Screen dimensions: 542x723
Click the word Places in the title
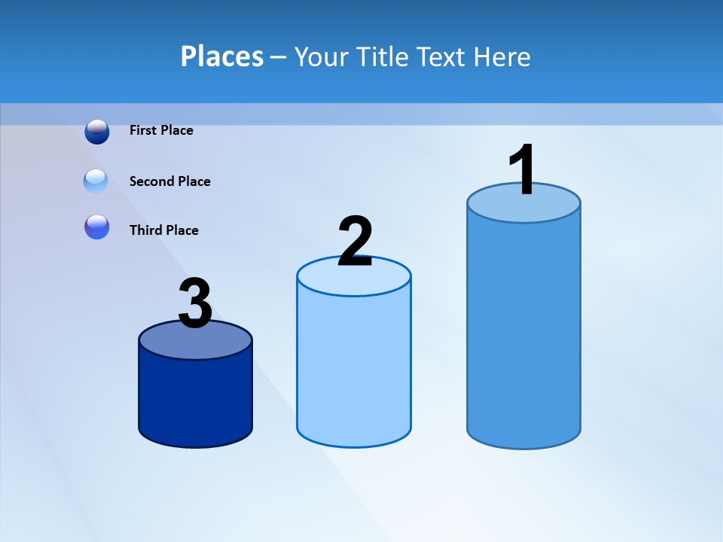pos(221,56)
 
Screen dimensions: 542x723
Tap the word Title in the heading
pos(383,56)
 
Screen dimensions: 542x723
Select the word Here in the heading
pos(502,56)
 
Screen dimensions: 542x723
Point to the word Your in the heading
pos(322,56)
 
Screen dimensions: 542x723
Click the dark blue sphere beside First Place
pos(97,132)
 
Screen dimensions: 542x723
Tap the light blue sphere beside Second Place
pos(96,181)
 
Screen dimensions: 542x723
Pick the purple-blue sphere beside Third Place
pos(97,227)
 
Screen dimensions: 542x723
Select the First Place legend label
pos(161,130)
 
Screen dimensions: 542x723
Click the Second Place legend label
pos(169,181)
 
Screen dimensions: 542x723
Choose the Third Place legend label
pos(163,230)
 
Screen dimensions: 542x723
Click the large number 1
pos(521,171)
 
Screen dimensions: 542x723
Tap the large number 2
pos(355,242)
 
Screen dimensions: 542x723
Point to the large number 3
pos(195,303)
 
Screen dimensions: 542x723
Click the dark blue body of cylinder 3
pos(195,399)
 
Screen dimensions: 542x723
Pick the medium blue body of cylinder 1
pos(523,331)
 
